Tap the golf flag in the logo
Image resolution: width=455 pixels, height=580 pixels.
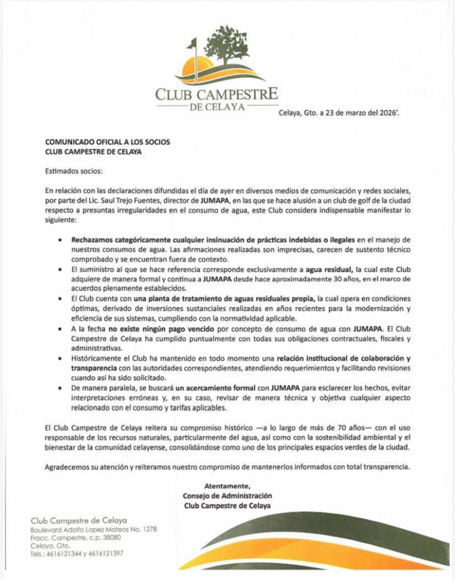click(x=193, y=44)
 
